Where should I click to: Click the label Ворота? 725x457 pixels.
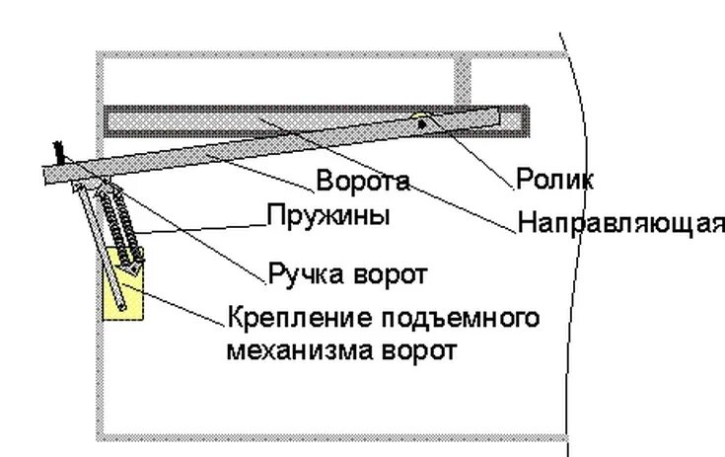[362, 182]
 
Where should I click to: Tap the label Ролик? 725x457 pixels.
[554, 181]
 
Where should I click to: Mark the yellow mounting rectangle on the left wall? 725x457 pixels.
[124, 296]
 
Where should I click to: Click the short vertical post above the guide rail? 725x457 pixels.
[462, 79]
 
